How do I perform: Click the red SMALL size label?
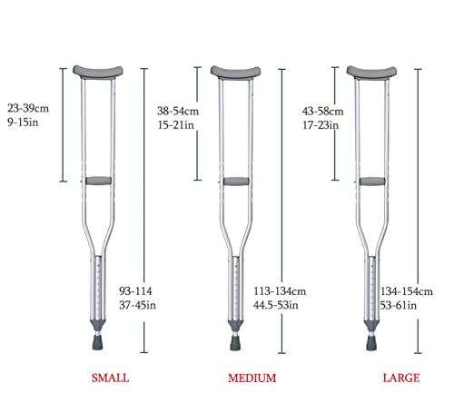[x=111, y=378]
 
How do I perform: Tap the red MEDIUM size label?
[x=252, y=378]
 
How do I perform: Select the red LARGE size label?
[x=401, y=378]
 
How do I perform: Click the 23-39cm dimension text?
[x=28, y=108]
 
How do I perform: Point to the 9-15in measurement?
[x=23, y=123]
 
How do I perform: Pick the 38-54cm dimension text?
[x=178, y=111]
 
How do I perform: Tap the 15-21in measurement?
[x=175, y=125]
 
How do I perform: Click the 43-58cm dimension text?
[x=322, y=111]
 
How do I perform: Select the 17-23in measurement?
[x=321, y=125]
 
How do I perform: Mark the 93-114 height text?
[x=135, y=291]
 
